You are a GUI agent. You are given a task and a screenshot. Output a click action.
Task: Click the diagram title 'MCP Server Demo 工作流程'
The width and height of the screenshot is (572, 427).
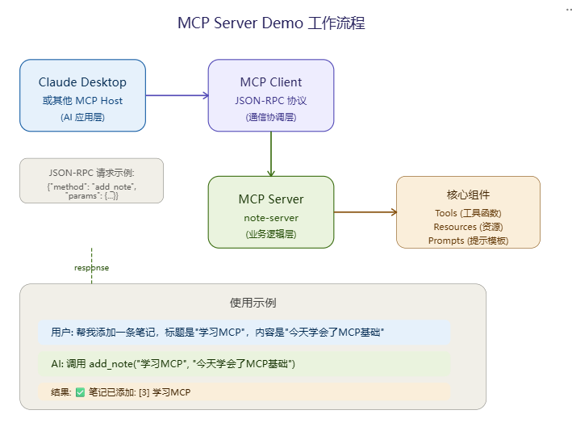pyautogui.click(x=271, y=23)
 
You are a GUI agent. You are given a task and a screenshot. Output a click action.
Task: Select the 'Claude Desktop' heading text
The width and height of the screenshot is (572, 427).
pyautogui.click(x=82, y=82)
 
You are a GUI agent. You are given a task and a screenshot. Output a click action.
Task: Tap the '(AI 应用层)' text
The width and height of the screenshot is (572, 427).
pyautogui.click(x=82, y=117)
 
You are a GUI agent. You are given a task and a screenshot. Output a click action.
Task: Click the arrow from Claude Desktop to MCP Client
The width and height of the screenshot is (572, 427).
pyautogui.click(x=177, y=95)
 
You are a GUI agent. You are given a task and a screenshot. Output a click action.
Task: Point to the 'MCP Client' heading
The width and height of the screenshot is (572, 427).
pyautogui.click(x=271, y=82)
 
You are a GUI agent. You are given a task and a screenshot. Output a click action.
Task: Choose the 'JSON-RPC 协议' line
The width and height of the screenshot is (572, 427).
pyautogui.click(x=271, y=100)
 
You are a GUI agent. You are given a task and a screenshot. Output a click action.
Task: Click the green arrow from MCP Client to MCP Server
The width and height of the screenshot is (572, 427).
pyautogui.click(x=271, y=153)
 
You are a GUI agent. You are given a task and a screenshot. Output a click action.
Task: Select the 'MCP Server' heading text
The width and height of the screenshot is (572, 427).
pyautogui.click(x=271, y=199)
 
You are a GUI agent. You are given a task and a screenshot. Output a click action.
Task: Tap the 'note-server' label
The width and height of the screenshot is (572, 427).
pyautogui.click(x=271, y=218)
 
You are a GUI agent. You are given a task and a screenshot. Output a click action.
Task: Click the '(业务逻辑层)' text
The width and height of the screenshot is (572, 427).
pyautogui.click(x=271, y=234)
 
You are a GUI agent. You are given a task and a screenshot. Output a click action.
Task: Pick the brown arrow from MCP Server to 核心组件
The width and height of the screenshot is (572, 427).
pyautogui.click(x=365, y=212)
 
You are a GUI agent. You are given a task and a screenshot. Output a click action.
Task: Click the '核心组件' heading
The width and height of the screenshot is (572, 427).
pyautogui.click(x=468, y=195)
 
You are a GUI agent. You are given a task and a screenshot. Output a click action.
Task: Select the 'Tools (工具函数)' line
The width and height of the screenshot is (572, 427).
pyautogui.click(x=468, y=213)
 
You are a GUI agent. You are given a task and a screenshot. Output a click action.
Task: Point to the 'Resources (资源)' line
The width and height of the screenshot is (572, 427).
pyautogui.click(x=468, y=227)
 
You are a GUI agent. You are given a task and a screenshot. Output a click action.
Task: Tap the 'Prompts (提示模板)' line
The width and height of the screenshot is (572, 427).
pyautogui.click(x=468, y=241)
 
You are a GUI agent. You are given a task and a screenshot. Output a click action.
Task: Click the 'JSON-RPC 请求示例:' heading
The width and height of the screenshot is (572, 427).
pyautogui.click(x=91, y=173)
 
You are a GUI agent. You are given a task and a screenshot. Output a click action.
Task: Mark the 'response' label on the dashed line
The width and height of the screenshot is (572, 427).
pyautogui.click(x=91, y=268)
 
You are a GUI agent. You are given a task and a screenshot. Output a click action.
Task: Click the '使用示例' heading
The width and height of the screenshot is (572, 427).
pyautogui.click(x=253, y=303)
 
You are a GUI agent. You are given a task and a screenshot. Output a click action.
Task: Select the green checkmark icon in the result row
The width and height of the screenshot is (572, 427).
pyautogui.click(x=80, y=392)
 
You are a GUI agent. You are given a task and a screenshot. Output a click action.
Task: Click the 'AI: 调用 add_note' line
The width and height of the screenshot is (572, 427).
pyautogui.click(x=173, y=364)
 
